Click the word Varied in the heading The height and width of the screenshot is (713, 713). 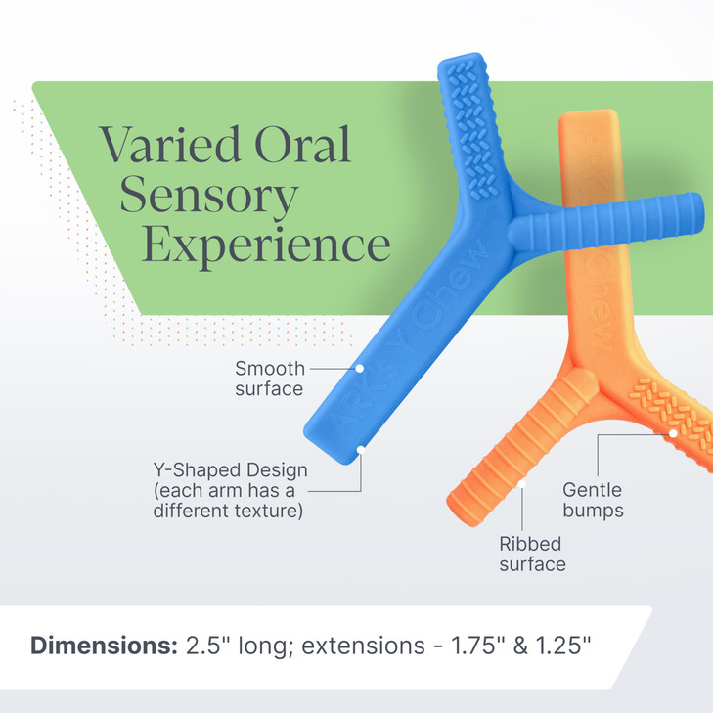pos(170,144)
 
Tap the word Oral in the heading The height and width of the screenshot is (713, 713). pos(303,144)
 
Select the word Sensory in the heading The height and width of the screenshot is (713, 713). pos(209,197)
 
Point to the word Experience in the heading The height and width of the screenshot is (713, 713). pos(266,246)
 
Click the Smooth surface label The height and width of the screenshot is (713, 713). pos(270,379)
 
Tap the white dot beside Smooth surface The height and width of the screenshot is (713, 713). pos(359,369)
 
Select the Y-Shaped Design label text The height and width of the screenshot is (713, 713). pos(230,490)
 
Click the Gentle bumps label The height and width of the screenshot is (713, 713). pos(593,500)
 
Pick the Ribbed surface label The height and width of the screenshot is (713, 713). pos(532,555)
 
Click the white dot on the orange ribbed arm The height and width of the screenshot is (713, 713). pos(522,484)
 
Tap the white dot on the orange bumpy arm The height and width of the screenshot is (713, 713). pos(673,433)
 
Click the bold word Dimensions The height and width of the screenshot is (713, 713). pos(104,646)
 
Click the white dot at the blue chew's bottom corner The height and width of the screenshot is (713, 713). pos(361,450)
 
